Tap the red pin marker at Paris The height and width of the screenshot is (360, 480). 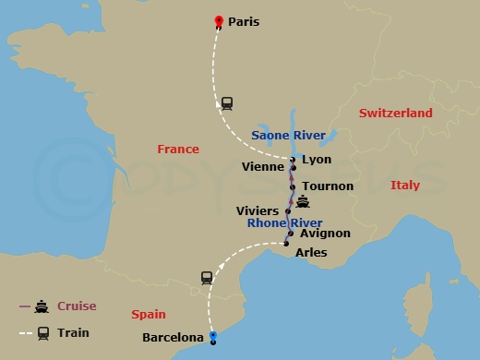point(219,22)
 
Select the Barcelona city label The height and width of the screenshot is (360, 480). point(173,338)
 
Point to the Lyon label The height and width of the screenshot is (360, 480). point(317,159)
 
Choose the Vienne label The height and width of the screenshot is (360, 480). point(262,167)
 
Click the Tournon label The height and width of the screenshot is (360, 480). point(328,186)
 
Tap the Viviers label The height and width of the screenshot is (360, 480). point(257,210)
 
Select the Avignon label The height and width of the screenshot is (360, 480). point(325,234)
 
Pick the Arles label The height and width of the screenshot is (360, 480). point(311,252)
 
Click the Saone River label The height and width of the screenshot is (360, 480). point(288,136)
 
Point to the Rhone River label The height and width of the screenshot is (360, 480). point(284,222)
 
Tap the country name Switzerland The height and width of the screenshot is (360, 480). point(395,113)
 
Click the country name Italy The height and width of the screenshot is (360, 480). point(404,186)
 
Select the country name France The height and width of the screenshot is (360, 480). point(178,149)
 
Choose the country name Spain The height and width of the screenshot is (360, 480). point(149,315)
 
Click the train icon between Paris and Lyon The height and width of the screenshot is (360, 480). point(227,102)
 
